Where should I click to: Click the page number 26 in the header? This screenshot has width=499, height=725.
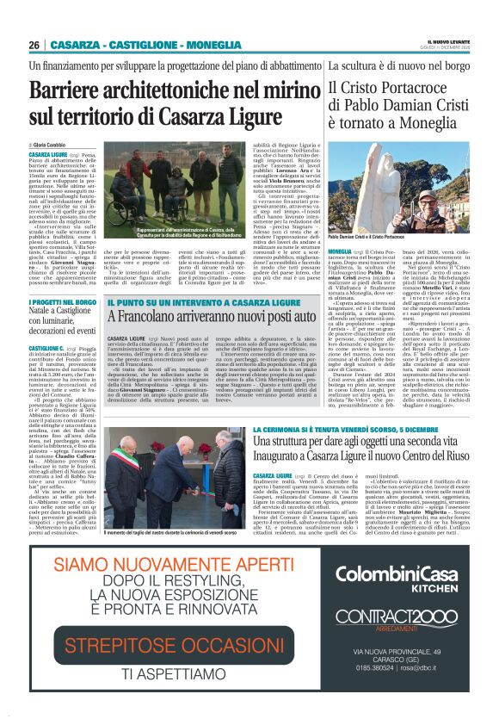tap(34, 45)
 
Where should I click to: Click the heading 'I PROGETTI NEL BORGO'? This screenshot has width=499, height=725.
tap(63, 302)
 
